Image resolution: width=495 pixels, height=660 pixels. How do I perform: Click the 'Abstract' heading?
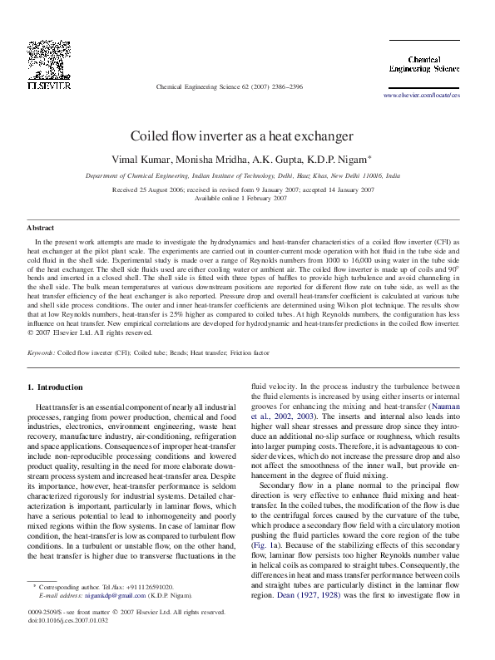point(41,227)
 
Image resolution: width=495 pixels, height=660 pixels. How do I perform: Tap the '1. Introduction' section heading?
point(56,387)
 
